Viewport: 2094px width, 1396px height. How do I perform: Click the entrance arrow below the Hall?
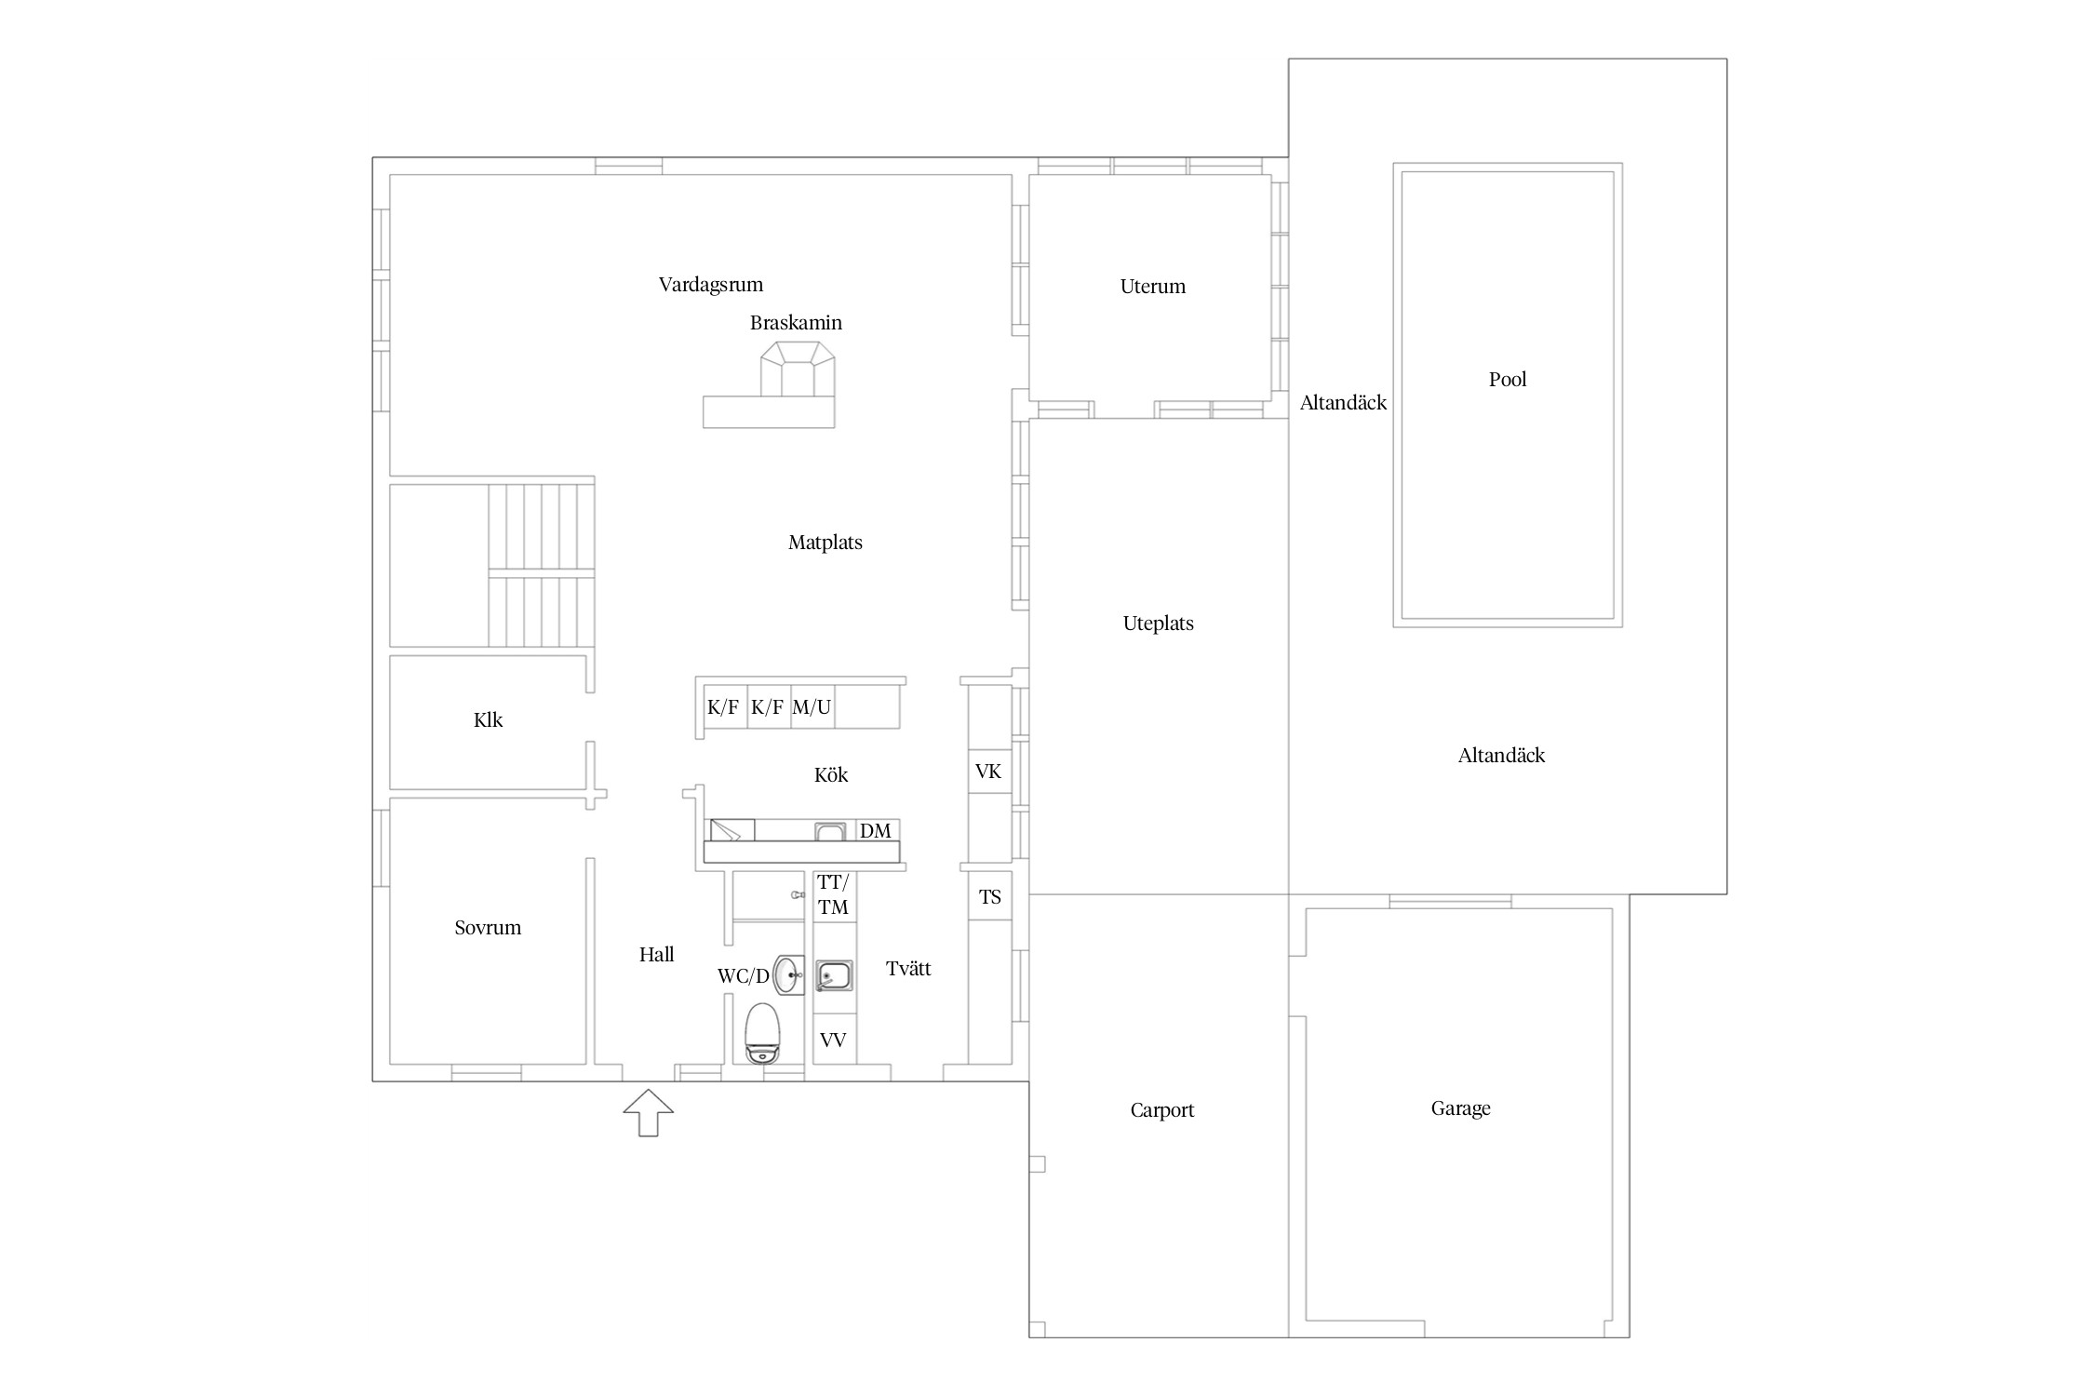(x=648, y=1112)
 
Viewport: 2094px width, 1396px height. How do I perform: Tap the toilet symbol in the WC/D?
(x=763, y=1033)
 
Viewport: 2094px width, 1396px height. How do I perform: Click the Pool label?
(x=1508, y=380)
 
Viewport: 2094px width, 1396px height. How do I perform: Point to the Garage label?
(x=1460, y=1108)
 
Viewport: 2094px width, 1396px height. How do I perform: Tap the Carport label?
(x=1161, y=1110)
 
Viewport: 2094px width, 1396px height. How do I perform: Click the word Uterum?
(x=1153, y=287)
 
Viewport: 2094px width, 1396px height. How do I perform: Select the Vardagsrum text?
(x=711, y=285)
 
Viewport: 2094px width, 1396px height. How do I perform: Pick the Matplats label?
(x=826, y=543)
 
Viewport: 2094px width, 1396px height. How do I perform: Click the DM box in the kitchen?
(x=875, y=831)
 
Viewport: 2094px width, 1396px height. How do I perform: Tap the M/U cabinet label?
(x=812, y=707)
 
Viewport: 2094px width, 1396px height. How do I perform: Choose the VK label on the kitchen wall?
(x=988, y=772)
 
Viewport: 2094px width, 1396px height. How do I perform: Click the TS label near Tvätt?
(x=989, y=897)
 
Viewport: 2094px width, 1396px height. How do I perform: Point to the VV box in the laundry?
(x=833, y=1040)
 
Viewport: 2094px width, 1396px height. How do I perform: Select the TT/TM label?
(x=833, y=894)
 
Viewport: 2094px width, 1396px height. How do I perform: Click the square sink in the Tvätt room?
(x=834, y=976)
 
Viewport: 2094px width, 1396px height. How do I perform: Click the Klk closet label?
(x=488, y=720)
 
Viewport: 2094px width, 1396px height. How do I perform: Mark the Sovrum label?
(x=488, y=928)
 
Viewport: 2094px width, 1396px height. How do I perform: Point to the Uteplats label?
(x=1158, y=624)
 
